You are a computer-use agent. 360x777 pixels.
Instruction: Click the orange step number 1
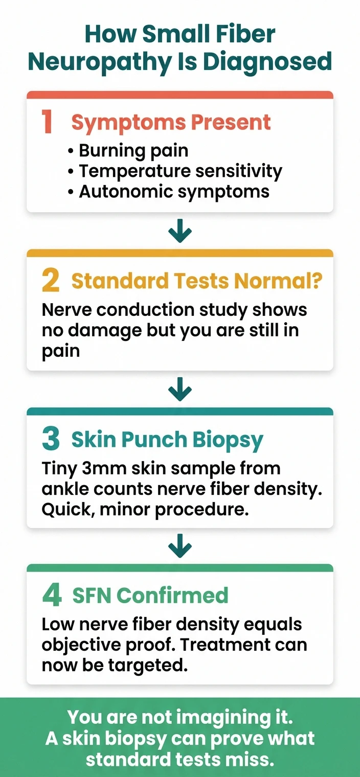(48, 122)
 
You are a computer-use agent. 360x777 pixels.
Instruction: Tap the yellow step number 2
(50, 281)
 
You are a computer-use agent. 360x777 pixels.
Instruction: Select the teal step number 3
(51, 440)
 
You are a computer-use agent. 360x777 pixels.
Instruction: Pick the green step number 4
(52, 596)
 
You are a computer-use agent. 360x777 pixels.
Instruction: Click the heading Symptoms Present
(171, 123)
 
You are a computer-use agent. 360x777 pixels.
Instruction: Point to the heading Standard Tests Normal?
(196, 281)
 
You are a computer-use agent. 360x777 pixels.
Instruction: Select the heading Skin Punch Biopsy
(167, 440)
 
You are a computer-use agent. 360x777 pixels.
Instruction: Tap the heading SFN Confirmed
(150, 596)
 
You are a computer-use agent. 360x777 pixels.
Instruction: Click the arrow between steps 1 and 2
(180, 233)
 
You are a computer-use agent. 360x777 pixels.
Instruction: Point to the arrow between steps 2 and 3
(180, 392)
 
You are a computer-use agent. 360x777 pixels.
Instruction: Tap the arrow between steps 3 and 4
(180, 549)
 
